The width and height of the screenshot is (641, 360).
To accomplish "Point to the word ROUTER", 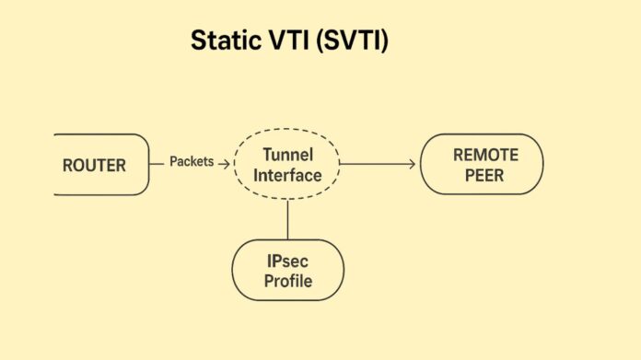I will point(93,166).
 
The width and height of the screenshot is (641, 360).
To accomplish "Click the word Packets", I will point(192,162).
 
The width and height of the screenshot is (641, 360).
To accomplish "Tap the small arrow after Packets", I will point(223,163).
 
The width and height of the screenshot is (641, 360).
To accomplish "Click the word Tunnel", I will point(287,156).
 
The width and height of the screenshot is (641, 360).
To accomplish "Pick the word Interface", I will point(287,175).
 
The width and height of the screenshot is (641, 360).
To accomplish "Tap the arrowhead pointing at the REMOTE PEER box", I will point(411,165).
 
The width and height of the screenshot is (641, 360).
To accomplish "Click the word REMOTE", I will point(485,155).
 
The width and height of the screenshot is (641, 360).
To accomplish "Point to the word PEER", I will point(485,174).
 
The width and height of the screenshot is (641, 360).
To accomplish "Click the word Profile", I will point(287,281).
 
